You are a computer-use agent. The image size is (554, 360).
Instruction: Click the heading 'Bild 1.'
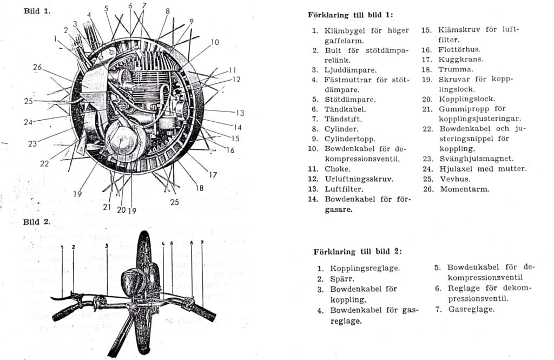[x=37, y=11]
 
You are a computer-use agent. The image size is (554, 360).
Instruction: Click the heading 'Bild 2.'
[x=37, y=222]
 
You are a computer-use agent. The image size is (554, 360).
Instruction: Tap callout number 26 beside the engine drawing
[x=37, y=67]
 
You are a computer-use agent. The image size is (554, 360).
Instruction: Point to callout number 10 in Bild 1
[x=215, y=42]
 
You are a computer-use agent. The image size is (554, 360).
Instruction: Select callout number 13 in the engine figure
[x=240, y=113]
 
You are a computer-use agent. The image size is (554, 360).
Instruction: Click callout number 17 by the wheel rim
[x=213, y=175]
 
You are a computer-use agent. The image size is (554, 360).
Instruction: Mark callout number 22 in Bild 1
[x=44, y=163]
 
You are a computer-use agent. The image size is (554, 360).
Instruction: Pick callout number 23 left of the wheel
[x=32, y=144]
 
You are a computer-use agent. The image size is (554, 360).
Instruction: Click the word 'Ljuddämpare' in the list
[x=350, y=70]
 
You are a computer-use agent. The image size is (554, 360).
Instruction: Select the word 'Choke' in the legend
[x=337, y=169]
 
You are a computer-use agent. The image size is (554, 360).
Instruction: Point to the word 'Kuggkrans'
[x=460, y=60]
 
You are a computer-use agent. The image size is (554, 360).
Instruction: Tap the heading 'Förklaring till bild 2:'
[x=358, y=252]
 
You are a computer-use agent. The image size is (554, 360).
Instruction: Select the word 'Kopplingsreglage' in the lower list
[x=365, y=269]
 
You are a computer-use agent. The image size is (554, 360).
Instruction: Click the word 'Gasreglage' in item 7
[x=471, y=310]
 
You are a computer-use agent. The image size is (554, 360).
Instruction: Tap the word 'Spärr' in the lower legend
[x=342, y=279]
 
